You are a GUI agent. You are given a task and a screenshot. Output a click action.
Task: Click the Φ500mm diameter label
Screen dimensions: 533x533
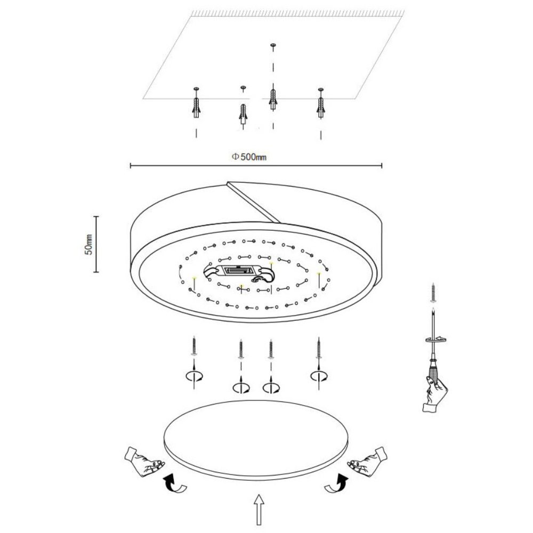coord(249,157)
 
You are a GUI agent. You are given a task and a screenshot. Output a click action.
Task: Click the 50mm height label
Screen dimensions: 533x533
coord(88,245)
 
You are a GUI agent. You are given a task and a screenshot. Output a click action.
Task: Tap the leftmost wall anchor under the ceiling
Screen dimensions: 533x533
coord(196,107)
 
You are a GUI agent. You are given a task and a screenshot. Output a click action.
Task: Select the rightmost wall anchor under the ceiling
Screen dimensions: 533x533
coord(320,107)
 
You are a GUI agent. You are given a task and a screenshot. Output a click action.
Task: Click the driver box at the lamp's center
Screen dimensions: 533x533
coord(238,271)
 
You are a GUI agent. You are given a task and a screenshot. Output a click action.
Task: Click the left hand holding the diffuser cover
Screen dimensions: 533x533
coord(144,462)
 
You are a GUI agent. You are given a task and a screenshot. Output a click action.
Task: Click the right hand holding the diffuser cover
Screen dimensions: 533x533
coord(368,462)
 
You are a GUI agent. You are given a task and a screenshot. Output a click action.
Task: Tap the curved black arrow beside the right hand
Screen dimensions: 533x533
coord(337,483)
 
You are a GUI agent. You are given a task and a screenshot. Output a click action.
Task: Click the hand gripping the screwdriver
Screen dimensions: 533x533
coord(435,394)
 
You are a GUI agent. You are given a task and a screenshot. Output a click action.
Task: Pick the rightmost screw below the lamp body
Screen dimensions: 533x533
coord(319,348)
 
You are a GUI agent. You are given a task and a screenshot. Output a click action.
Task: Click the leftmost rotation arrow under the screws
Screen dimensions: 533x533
coord(194,376)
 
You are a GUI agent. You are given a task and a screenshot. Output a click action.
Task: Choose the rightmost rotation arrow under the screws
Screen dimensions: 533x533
coord(319,376)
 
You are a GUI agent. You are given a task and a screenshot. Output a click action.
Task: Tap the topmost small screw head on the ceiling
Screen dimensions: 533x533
coord(273,45)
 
